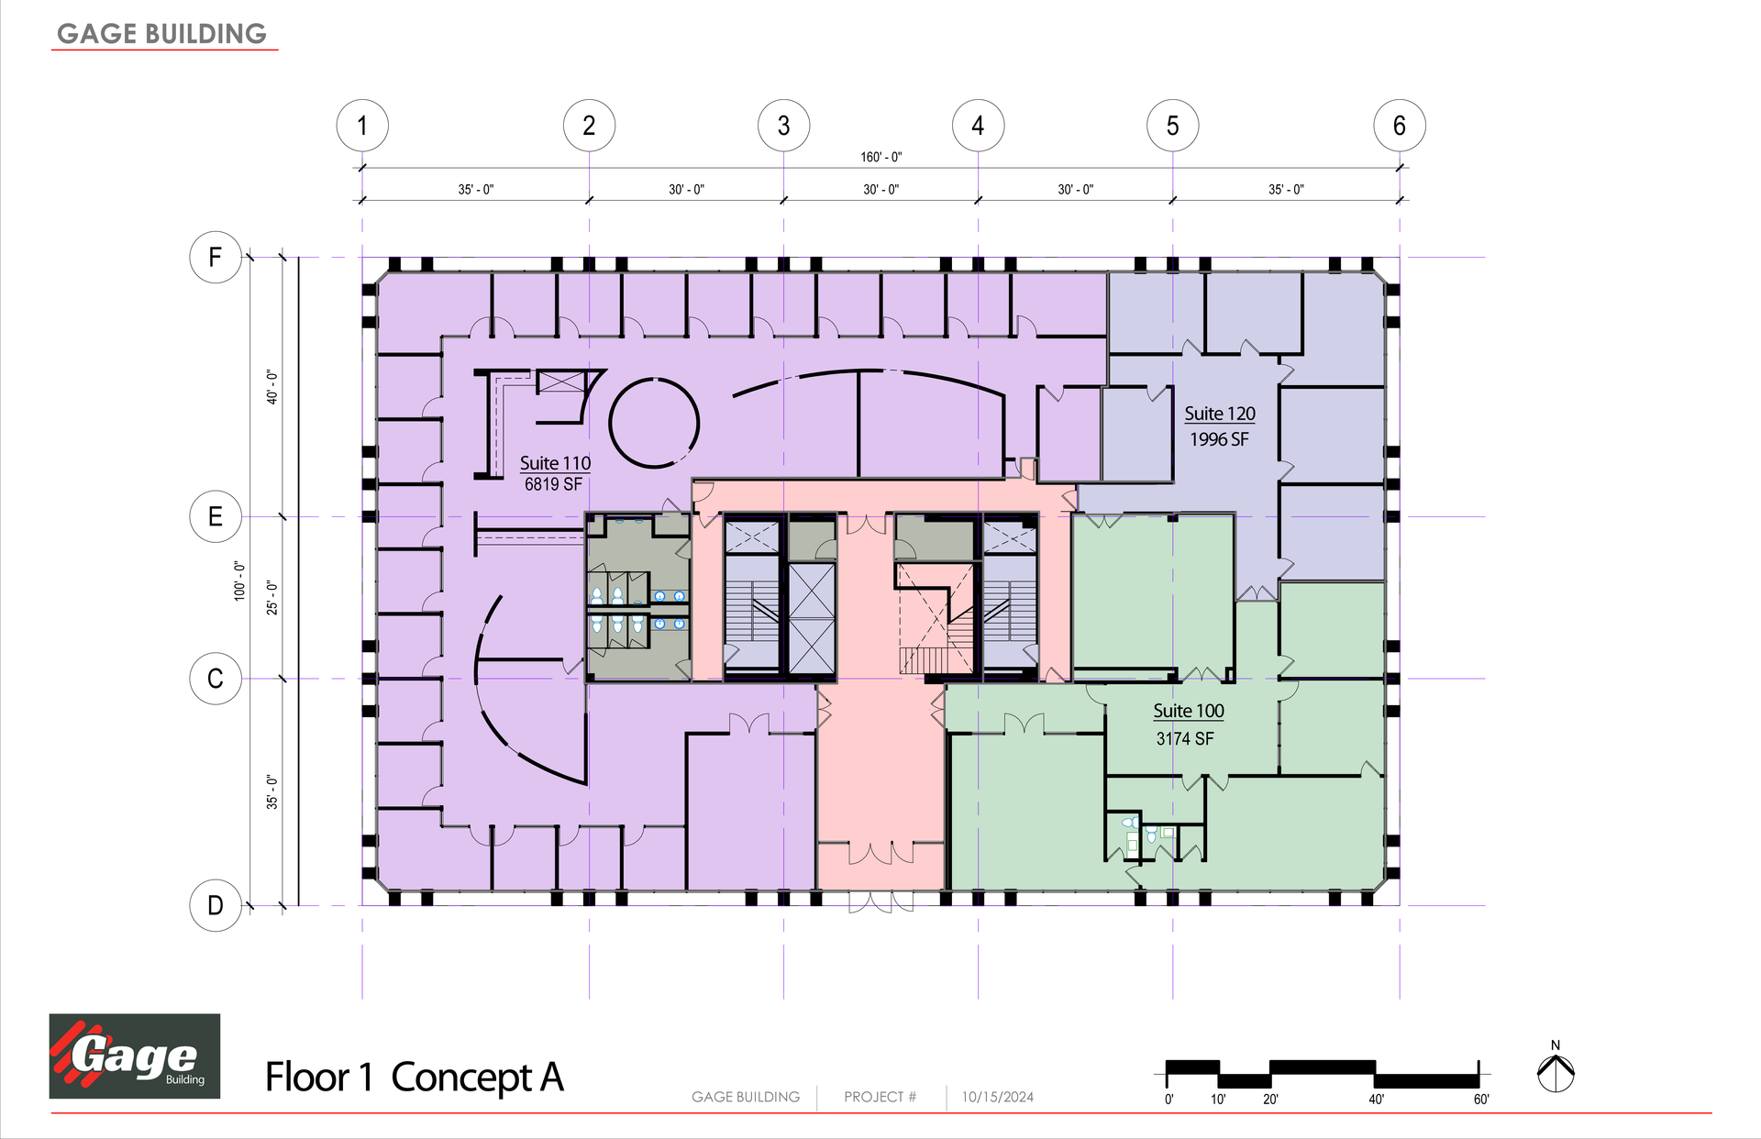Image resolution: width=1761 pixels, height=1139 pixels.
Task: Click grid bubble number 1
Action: (x=362, y=126)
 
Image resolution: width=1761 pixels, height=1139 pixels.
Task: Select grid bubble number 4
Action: (x=978, y=126)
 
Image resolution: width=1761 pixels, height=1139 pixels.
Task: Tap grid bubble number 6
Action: (x=1400, y=126)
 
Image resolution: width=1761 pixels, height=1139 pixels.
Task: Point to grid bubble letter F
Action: (x=216, y=257)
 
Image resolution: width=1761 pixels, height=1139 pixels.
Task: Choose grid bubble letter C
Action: (x=216, y=679)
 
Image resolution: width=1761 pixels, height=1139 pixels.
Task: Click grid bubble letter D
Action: (x=216, y=905)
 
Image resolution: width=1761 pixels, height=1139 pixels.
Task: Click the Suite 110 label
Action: (x=555, y=463)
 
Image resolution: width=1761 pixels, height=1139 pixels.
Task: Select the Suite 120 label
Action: (x=1220, y=414)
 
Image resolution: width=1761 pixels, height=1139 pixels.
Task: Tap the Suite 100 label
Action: (x=1189, y=711)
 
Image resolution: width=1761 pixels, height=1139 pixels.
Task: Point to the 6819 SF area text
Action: (x=553, y=484)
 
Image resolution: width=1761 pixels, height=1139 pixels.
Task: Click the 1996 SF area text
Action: (x=1219, y=439)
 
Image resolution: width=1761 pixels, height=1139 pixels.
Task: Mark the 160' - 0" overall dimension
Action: (x=880, y=157)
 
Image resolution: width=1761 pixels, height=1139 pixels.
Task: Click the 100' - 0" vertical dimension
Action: (x=239, y=581)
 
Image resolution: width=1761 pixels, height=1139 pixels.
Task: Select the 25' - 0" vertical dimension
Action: (x=271, y=597)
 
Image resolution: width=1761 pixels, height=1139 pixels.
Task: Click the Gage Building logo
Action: (x=135, y=1056)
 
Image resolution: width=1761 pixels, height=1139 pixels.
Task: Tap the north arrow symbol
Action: (x=1556, y=1067)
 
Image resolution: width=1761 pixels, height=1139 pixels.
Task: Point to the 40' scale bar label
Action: (x=1377, y=1099)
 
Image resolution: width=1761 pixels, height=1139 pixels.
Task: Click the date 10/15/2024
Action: (x=998, y=1097)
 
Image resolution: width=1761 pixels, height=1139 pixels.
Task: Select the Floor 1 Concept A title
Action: (x=415, y=1077)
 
